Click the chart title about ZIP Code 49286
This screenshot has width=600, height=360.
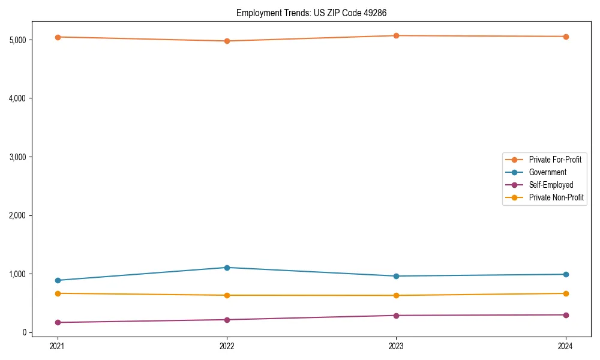pyautogui.click(x=315, y=13)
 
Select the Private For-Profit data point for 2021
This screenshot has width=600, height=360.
pyautogui.click(x=58, y=37)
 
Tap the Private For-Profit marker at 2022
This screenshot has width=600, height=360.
pyautogui.click(x=227, y=41)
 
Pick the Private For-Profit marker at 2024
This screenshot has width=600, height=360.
pyautogui.click(x=566, y=37)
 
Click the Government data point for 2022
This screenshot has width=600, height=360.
pyautogui.click(x=227, y=268)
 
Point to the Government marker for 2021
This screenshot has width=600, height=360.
pyautogui.click(x=58, y=280)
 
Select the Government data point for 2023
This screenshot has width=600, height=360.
pyautogui.click(x=396, y=276)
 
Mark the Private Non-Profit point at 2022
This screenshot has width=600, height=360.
pyautogui.click(x=227, y=295)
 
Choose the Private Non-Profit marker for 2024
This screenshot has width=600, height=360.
pyautogui.click(x=566, y=293)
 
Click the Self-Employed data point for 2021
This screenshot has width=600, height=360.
pyautogui.click(x=58, y=322)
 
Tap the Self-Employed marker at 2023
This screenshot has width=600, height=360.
pyautogui.click(x=396, y=316)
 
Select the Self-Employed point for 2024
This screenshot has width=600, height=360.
pyautogui.click(x=566, y=315)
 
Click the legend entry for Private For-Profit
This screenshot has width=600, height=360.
pyautogui.click(x=554, y=160)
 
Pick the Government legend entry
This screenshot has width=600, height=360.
pyautogui.click(x=547, y=172)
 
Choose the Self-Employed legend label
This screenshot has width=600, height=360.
pyautogui.click(x=551, y=185)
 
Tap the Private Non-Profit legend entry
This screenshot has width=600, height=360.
pyautogui.click(x=556, y=197)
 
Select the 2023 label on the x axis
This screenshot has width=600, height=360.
pyautogui.click(x=396, y=346)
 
